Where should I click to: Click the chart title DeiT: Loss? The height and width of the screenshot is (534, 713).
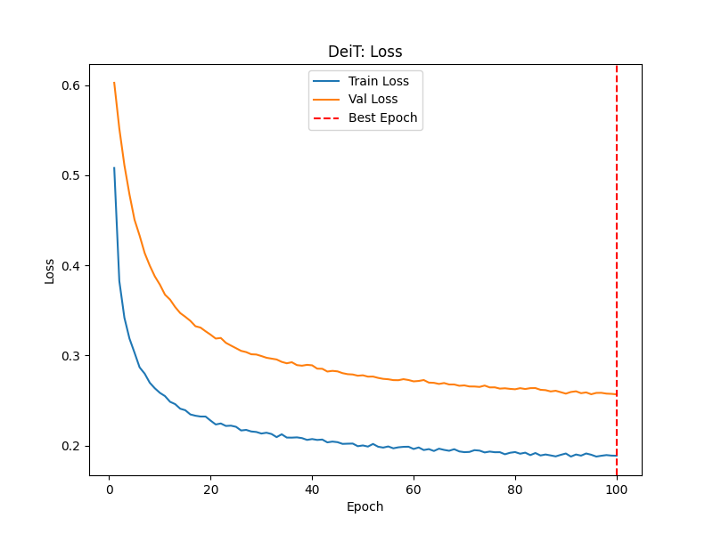365,52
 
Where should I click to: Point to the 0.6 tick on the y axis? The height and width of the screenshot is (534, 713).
70,85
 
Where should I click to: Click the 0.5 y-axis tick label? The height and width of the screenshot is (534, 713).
70,175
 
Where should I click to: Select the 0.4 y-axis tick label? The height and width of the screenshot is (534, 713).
70,265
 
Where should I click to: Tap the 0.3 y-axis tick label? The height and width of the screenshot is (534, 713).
70,356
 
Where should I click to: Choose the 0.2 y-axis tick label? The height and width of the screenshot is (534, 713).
70,446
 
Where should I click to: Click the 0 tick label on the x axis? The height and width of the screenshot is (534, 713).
110,489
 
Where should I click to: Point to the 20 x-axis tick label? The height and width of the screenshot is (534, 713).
210,489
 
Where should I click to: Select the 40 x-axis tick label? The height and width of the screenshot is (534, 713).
312,489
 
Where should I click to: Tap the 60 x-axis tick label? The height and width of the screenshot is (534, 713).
414,489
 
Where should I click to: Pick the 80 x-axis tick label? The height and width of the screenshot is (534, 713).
515,489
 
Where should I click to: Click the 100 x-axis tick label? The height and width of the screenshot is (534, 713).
617,489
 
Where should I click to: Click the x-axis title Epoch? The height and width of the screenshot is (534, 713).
365,506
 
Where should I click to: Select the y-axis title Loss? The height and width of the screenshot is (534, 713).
50,270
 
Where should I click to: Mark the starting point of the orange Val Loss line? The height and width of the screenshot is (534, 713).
114,83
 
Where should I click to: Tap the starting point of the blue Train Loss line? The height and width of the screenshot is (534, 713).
114,167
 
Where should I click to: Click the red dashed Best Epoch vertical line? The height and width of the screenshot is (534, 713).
617,267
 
